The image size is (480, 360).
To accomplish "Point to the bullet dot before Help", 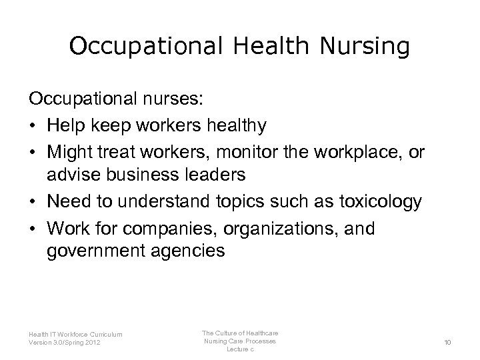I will coord(33,126).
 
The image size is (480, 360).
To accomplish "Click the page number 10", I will coord(447,342).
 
